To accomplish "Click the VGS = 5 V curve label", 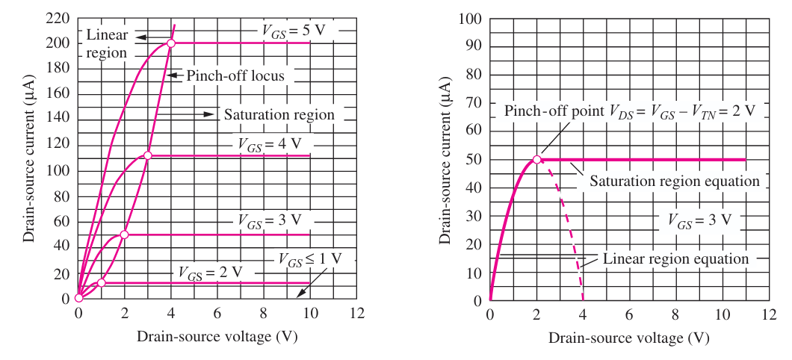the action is [x=293, y=30].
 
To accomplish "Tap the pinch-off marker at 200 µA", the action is [x=171, y=43].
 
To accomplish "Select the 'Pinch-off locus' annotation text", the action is [x=235, y=75].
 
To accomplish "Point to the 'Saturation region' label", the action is [x=279, y=114].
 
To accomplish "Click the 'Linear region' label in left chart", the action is [x=107, y=43].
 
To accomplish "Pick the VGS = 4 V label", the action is [x=269, y=143].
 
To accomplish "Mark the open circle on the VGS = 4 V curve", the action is [x=147, y=155].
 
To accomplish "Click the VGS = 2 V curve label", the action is [x=211, y=272].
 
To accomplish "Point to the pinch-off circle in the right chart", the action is [x=537, y=160].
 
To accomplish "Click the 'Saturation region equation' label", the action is [x=675, y=181].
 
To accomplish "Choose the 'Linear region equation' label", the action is [x=676, y=259].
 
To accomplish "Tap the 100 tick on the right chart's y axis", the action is [x=470, y=19].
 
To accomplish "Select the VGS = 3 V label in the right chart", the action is [x=699, y=220].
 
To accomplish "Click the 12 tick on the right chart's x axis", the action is [x=769, y=314].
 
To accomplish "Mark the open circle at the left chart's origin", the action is [x=78, y=298].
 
